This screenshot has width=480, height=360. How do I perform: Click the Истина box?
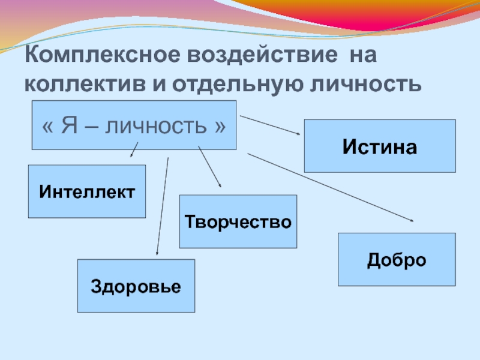click(x=380, y=146)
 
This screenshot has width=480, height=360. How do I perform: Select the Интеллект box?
click(x=87, y=191)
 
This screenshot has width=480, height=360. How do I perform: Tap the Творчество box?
click(x=238, y=221)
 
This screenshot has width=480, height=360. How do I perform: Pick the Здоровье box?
click(x=136, y=286)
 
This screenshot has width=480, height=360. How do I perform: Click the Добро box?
click(x=397, y=259)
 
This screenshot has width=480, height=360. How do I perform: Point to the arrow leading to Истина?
click(x=270, y=125)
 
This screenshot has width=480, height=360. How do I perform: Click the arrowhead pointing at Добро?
click(x=411, y=220)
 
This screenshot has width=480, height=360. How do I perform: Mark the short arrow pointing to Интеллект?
click(x=135, y=149)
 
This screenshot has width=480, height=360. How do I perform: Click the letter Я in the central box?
click(x=67, y=127)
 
